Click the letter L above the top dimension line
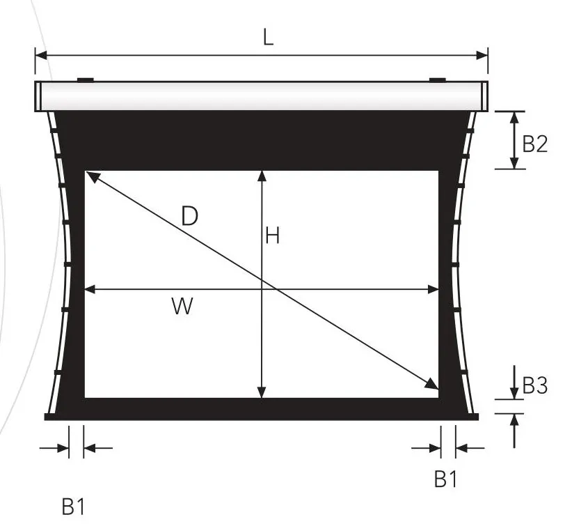click(x=268, y=37)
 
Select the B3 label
click(x=535, y=385)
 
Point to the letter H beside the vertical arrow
click(x=273, y=236)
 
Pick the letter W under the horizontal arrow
click(x=182, y=306)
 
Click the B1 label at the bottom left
click(x=73, y=507)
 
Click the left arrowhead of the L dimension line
click(x=42, y=56)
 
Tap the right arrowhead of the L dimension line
click(x=482, y=56)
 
